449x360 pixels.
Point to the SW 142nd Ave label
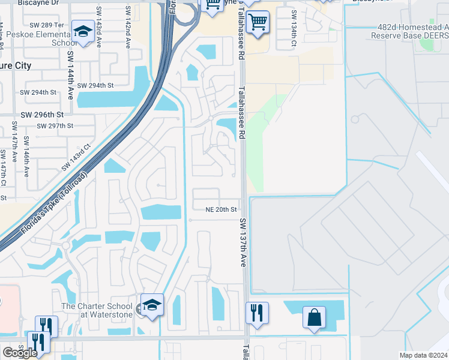click(128, 24)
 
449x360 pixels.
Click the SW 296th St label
click(42, 115)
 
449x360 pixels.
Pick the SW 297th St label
click(55, 126)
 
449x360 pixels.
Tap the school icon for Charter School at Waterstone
click(152, 304)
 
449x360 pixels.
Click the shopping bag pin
click(315, 317)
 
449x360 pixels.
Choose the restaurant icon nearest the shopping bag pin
click(257, 312)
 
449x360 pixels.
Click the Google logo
click(20, 352)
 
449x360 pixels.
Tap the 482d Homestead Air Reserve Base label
click(412, 31)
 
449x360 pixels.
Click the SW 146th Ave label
click(26, 157)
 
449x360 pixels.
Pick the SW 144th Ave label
click(71, 76)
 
